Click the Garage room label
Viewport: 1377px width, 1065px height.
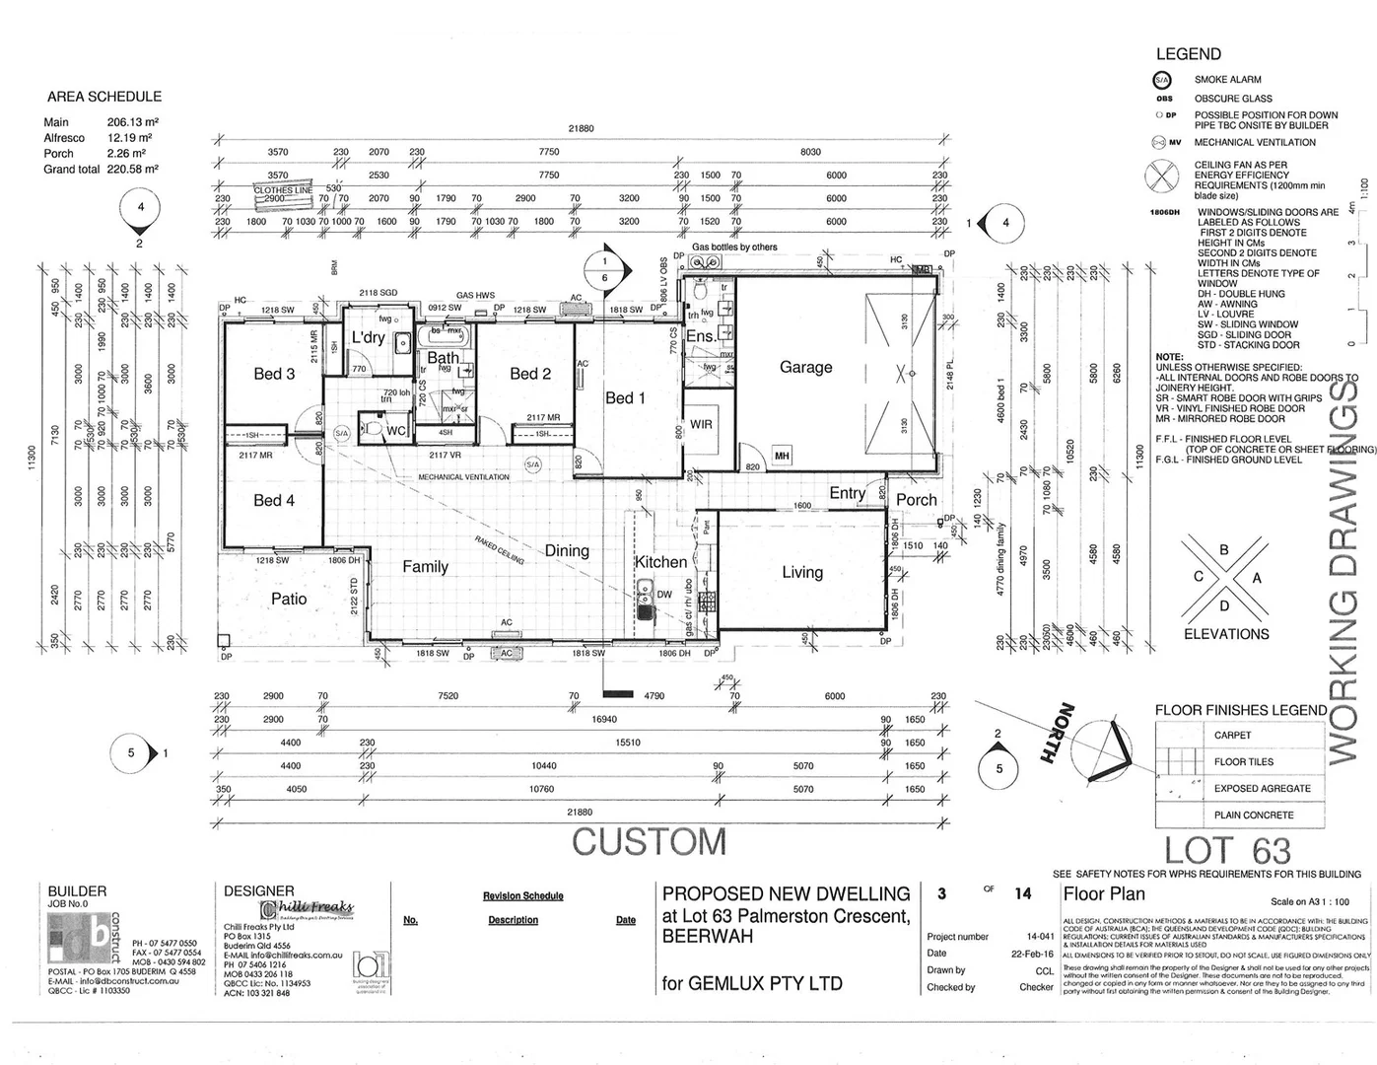805,367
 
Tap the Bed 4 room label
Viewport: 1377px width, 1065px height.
274,500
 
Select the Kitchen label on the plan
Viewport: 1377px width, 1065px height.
660,562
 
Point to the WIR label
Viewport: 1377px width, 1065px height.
701,424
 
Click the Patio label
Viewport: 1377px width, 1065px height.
289,599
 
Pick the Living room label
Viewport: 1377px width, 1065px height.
802,572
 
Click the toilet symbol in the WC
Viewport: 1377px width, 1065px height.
373,430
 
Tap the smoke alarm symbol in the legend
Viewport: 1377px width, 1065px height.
1163,80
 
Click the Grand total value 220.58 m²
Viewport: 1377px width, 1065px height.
133,170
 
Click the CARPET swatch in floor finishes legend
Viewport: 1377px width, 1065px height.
1179,735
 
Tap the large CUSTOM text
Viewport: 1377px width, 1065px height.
649,842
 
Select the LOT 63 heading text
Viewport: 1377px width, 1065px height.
1227,850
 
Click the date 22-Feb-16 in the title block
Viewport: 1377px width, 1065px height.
1032,954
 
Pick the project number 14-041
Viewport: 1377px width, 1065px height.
1039,937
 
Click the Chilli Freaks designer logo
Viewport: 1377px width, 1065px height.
307,908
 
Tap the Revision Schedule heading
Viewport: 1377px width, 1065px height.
522,896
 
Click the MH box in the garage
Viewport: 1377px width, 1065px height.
782,456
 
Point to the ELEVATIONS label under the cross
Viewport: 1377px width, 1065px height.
1226,634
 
